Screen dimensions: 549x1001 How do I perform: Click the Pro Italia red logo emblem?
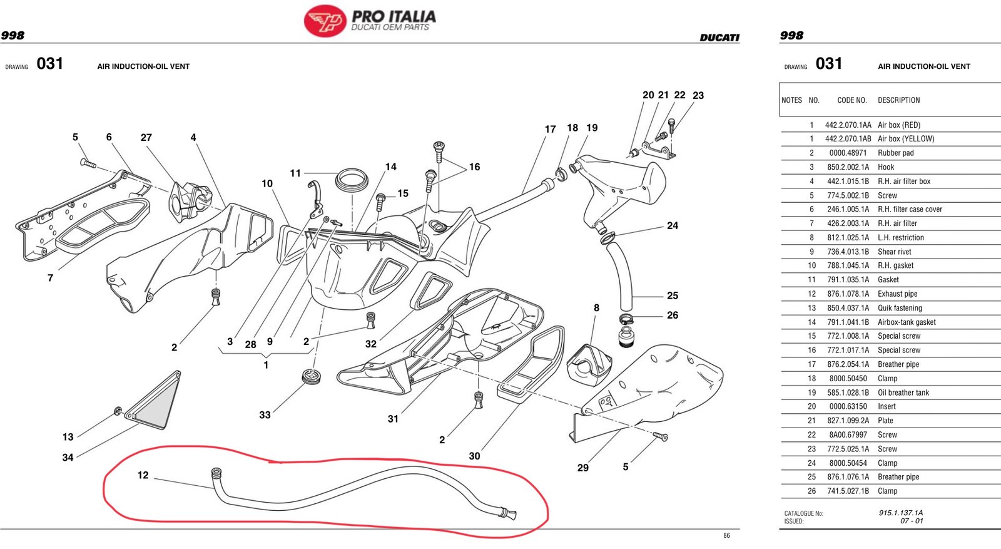click(x=325, y=21)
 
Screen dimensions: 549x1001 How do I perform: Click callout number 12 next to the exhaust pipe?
click(x=143, y=475)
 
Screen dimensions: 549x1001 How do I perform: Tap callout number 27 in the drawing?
click(x=146, y=137)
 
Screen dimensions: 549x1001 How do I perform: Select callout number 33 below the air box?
click(x=265, y=415)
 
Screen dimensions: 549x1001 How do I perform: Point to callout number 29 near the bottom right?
click(x=582, y=468)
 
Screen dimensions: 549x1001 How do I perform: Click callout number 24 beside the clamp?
click(x=673, y=225)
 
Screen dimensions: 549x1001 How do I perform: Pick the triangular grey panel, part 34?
click(x=156, y=399)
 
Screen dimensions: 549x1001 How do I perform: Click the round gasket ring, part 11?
click(x=352, y=180)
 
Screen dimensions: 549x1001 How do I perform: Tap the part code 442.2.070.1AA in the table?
click(x=848, y=125)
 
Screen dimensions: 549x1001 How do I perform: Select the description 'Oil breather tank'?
click(x=903, y=393)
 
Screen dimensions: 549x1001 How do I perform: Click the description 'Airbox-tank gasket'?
click(x=907, y=322)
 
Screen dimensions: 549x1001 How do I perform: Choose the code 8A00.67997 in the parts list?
click(x=848, y=434)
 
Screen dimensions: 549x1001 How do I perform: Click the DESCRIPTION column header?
click(x=898, y=100)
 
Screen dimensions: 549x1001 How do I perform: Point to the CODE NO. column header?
click(x=851, y=100)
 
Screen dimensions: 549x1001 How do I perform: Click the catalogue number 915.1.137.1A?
click(x=900, y=513)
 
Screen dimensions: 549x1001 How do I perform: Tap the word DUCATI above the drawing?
click(x=719, y=38)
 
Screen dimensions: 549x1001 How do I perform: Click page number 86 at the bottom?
click(x=726, y=536)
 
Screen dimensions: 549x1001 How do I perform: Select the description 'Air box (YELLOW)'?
click(x=905, y=139)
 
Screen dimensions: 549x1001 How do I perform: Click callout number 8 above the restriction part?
click(x=596, y=307)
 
